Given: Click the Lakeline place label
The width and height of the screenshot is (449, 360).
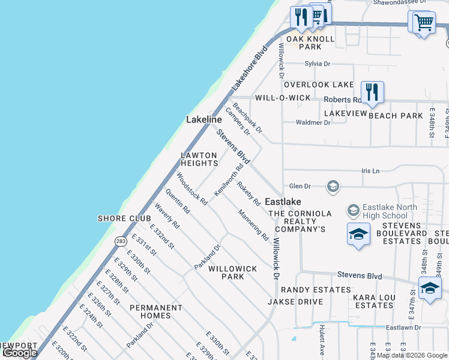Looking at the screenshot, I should click(203, 119).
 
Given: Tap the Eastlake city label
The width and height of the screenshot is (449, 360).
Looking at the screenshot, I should click(283, 202).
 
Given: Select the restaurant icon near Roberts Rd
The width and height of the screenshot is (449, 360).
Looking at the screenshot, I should click(372, 92).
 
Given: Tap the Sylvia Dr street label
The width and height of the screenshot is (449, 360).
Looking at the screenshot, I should click(318, 64).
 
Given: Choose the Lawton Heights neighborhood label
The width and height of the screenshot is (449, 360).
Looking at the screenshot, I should click(199, 159).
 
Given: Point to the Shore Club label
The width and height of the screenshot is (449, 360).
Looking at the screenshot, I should click(120, 218).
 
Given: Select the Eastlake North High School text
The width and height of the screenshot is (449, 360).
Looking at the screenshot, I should click(385, 212).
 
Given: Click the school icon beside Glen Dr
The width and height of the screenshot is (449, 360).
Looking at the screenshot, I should click(333, 187).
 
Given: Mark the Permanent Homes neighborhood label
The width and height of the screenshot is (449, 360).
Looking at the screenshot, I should click(155, 311).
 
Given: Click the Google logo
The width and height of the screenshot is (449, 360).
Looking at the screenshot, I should click(20, 353).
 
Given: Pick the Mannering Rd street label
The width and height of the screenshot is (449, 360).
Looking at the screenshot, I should click(253, 224).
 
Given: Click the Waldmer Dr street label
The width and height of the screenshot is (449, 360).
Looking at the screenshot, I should click(313, 122).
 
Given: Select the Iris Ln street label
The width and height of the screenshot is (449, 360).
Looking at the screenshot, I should click(371, 171).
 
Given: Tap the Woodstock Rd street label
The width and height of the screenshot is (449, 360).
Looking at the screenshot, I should click(191, 189).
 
